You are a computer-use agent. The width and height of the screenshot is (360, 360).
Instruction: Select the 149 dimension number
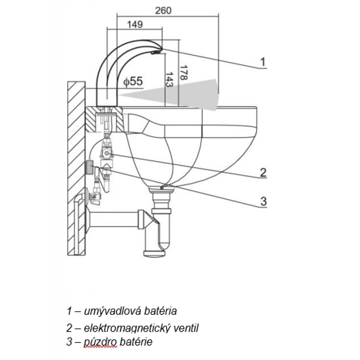(x=135, y=25)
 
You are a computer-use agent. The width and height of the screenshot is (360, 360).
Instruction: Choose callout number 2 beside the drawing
(x=263, y=172)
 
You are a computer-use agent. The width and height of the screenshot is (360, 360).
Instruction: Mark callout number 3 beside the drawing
(x=263, y=201)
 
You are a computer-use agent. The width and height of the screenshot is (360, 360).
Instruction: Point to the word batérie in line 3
(x=136, y=342)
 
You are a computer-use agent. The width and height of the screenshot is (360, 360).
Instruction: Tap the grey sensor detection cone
(x=189, y=92)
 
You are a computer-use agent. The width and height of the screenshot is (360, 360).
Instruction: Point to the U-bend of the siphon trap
(x=162, y=245)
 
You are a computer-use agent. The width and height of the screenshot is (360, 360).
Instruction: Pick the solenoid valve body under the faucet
(x=108, y=153)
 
